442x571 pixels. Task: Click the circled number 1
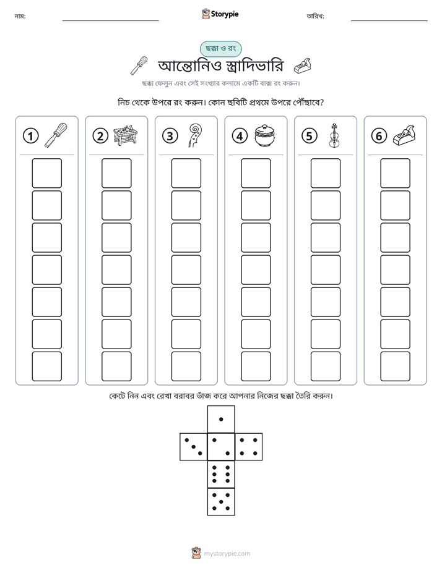(30, 136)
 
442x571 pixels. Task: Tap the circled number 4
(240, 136)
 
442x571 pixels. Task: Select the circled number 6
(379, 136)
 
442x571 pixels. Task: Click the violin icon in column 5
(334, 135)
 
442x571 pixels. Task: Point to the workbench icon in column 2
(125, 135)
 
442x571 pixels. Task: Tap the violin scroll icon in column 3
(195, 135)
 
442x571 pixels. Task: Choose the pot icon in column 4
(265, 135)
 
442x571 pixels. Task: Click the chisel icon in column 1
(56, 135)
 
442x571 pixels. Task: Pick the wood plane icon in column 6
(404, 135)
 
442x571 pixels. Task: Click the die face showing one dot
(221, 419)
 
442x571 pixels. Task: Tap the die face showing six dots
(221, 474)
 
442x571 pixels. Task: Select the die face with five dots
(221, 501)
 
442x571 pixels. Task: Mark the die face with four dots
(249, 446)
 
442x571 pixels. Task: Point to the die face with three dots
(194, 446)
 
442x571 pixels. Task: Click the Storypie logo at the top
(220, 14)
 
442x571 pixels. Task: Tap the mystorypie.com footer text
(227, 554)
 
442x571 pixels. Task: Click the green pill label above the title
(220, 48)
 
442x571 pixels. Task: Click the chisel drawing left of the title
(139, 66)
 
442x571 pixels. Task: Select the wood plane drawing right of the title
(302, 65)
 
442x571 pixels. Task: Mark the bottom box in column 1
(46, 366)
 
